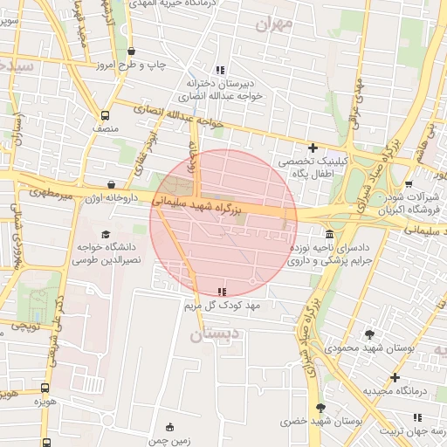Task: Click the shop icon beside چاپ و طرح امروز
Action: [131, 52]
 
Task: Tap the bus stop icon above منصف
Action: [106, 114]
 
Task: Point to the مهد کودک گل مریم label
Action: [223, 306]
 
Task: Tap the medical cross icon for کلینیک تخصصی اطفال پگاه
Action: [313, 148]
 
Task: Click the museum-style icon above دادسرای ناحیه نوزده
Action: [329, 234]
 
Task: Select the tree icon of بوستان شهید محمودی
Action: [370, 334]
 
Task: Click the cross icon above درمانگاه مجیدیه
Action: [395, 378]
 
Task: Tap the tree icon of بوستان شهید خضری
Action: [320, 409]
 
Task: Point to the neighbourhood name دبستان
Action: [214, 334]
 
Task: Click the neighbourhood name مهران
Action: [272, 25]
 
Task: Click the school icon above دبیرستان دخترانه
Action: [220, 69]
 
